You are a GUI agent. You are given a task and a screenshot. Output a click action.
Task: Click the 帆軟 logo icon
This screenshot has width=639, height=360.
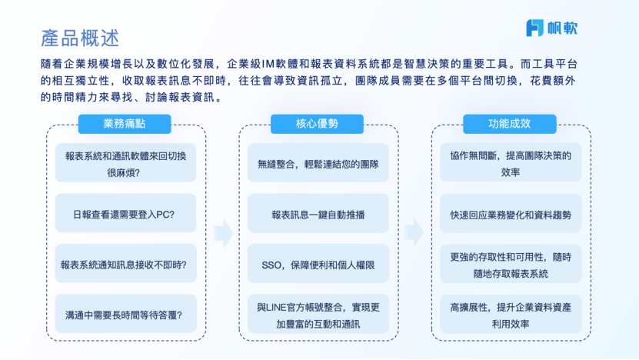click(x=534, y=28)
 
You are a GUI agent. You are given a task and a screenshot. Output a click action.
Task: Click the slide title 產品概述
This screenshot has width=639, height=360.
click(x=80, y=38)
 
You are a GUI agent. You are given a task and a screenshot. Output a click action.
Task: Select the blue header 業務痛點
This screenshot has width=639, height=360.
click(x=125, y=124)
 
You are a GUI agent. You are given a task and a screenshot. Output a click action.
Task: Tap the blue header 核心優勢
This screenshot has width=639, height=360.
click(x=317, y=124)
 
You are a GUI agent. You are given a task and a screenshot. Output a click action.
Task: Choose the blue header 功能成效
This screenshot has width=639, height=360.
click(x=509, y=124)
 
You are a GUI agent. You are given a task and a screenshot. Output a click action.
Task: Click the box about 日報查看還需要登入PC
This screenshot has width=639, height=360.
click(x=125, y=213)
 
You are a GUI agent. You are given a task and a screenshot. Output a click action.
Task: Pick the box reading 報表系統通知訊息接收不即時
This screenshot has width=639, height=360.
click(x=125, y=263)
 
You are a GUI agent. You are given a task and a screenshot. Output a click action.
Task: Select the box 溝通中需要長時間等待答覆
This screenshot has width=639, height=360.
click(x=125, y=314)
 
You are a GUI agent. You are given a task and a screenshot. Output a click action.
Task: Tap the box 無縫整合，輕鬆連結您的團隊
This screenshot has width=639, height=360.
click(x=318, y=162)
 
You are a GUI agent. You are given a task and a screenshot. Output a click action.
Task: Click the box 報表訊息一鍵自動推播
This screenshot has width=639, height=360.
click(x=318, y=213)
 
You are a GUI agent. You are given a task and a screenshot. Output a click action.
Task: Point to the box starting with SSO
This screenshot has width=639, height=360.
click(x=318, y=263)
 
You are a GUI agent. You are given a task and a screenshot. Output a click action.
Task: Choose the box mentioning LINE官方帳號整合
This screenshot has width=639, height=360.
click(x=318, y=314)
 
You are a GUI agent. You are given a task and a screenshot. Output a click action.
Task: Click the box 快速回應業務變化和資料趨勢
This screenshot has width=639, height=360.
click(x=511, y=213)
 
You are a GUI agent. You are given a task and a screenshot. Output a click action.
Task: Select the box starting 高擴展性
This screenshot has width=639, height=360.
click(x=511, y=314)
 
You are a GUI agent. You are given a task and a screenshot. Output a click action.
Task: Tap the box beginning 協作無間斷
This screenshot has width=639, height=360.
click(x=511, y=162)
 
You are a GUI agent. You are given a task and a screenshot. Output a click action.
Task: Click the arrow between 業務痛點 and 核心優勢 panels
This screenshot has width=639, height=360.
click(x=223, y=233)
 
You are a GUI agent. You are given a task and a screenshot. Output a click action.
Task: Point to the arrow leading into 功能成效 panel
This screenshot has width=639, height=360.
click(x=414, y=233)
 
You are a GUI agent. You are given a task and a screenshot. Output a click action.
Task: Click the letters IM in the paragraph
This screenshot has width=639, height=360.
click(x=268, y=64)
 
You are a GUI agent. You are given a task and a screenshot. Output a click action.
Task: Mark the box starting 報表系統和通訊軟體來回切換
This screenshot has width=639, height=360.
click(x=125, y=162)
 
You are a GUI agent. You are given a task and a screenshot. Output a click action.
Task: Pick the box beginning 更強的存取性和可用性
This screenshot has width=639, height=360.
click(x=511, y=263)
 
